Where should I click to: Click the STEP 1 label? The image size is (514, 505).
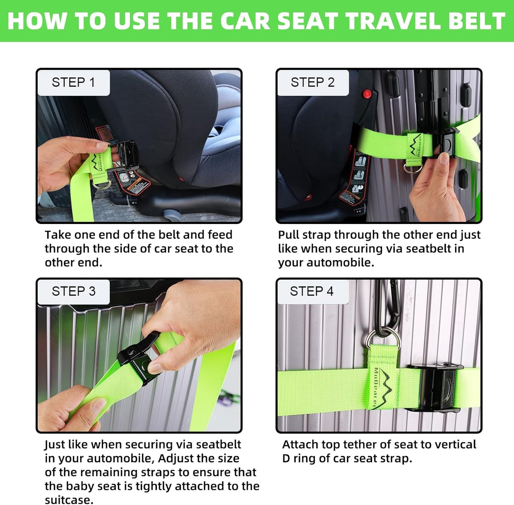(x=73, y=82)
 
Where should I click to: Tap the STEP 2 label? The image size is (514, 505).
(x=312, y=82)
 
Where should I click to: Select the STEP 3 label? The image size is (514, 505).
(x=73, y=291)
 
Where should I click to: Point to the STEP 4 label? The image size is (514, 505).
(x=312, y=291)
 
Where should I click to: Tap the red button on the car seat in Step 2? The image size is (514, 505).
(x=367, y=94)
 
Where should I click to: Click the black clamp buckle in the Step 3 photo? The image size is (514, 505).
(x=139, y=360)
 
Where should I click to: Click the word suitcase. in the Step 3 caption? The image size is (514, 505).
(x=69, y=499)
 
